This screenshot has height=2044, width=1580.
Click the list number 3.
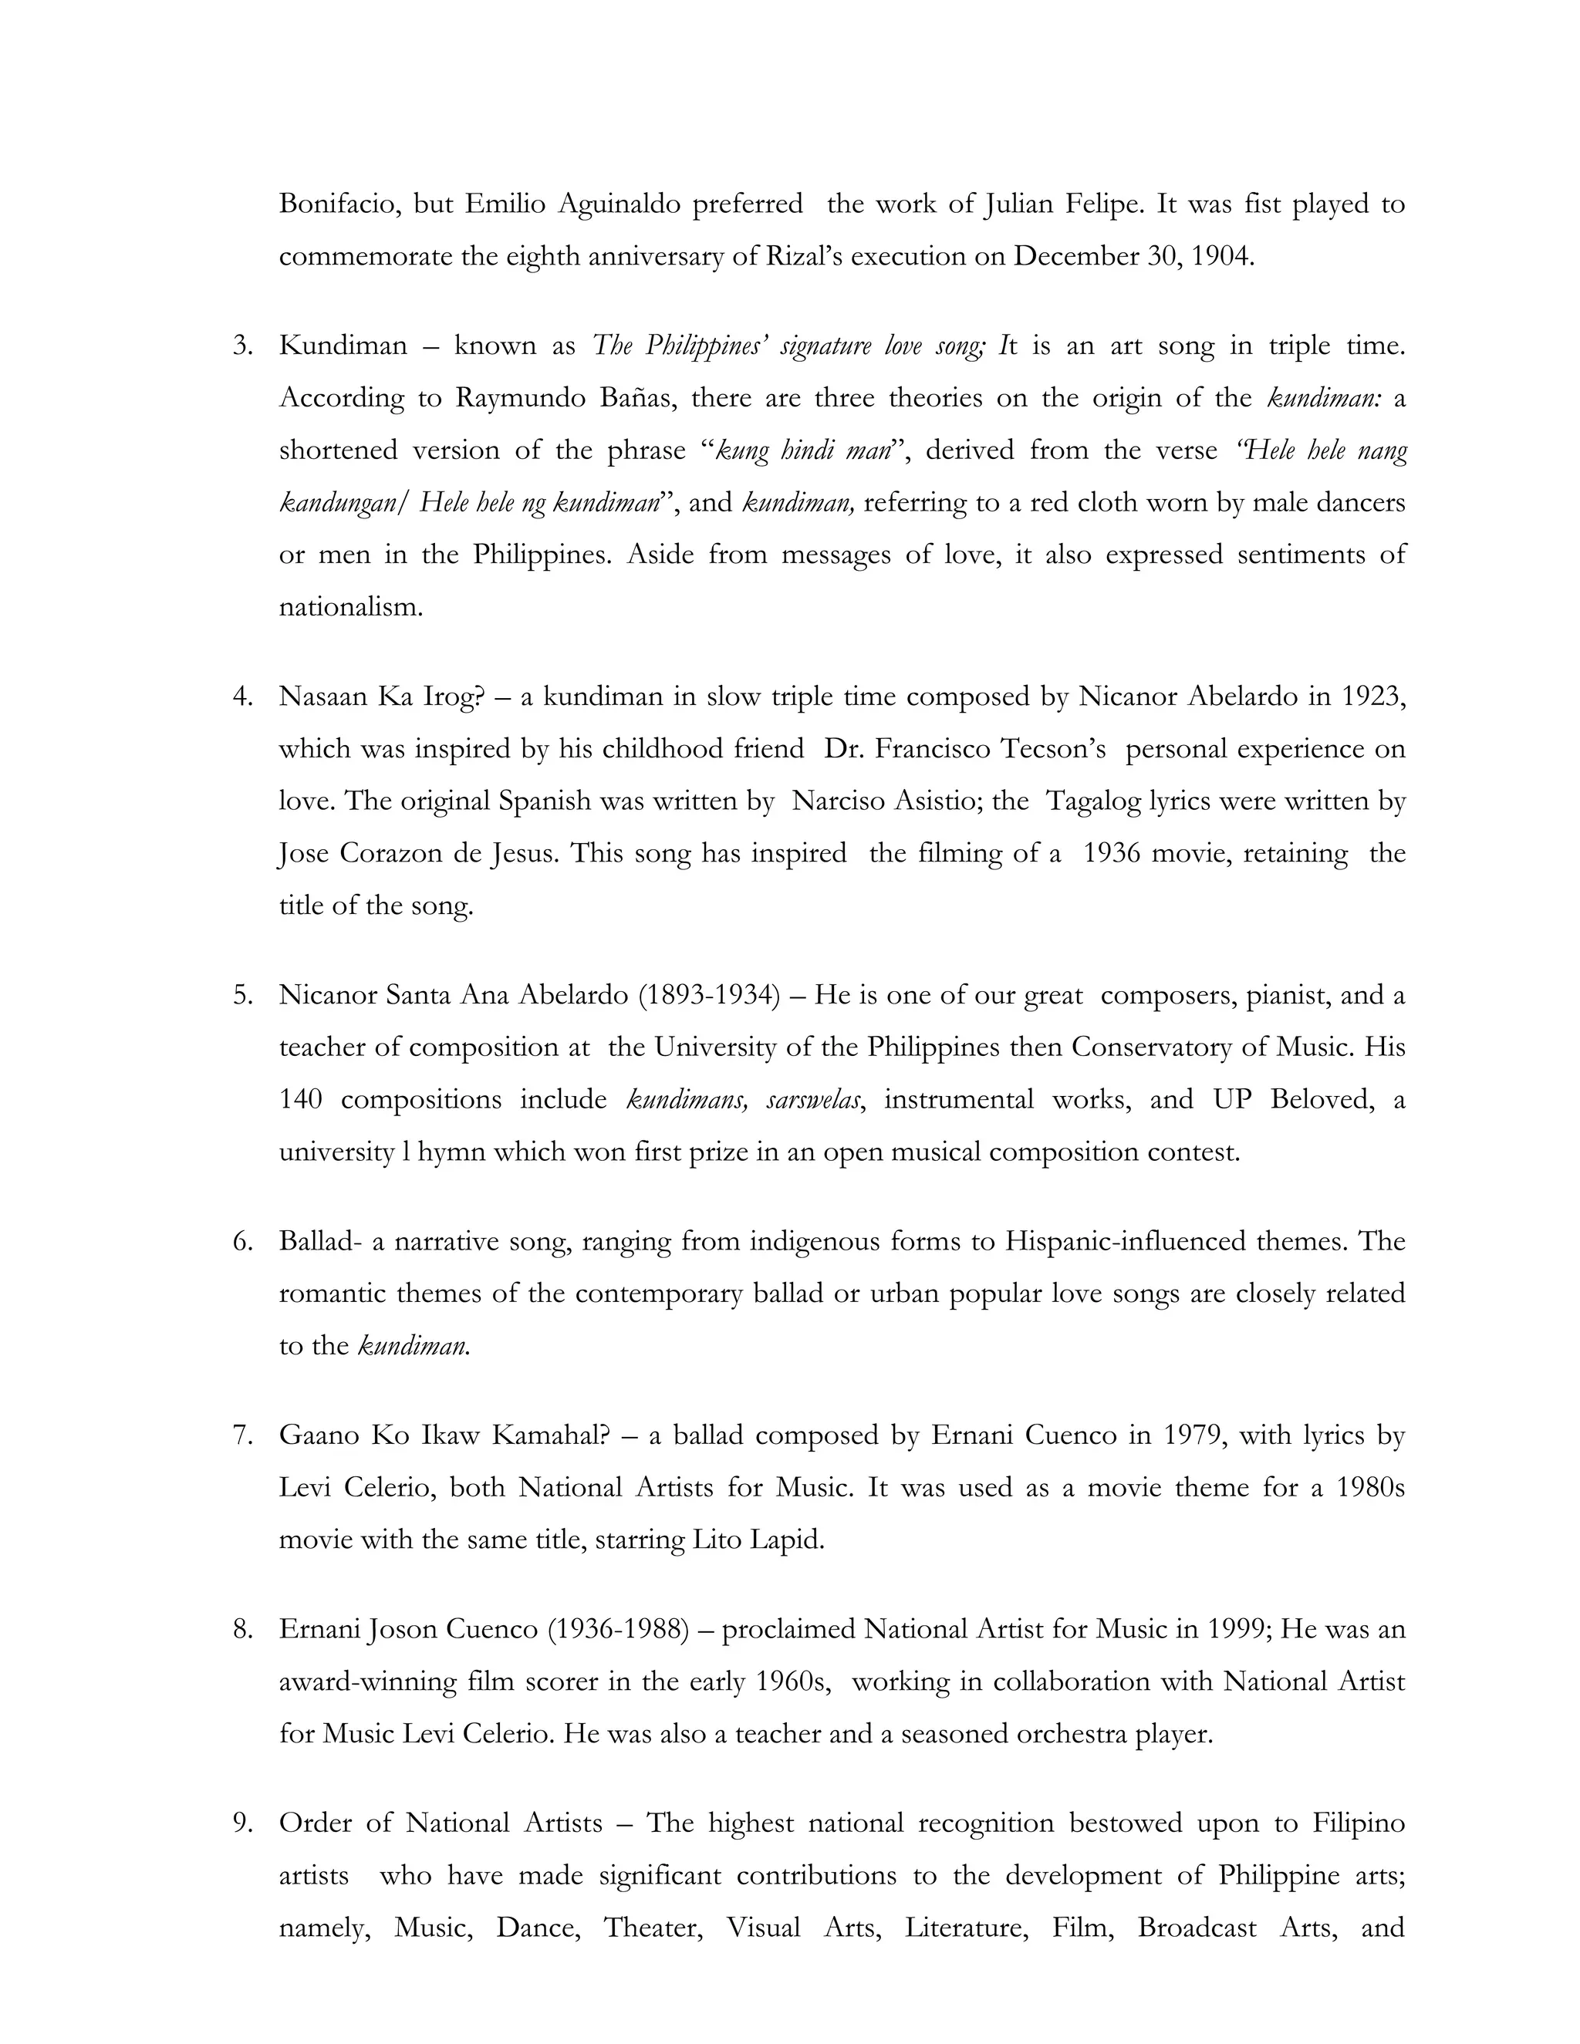tap(241, 346)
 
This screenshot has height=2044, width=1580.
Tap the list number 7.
tap(241, 1435)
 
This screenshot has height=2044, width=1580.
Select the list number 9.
tap(241, 1824)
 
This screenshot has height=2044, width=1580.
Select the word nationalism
tap(351, 607)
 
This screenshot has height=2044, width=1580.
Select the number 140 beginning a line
tap(300, 1100)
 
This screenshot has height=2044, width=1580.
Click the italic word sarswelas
tap(813, 1100)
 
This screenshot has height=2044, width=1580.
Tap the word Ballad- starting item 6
tap(320, 1242)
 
